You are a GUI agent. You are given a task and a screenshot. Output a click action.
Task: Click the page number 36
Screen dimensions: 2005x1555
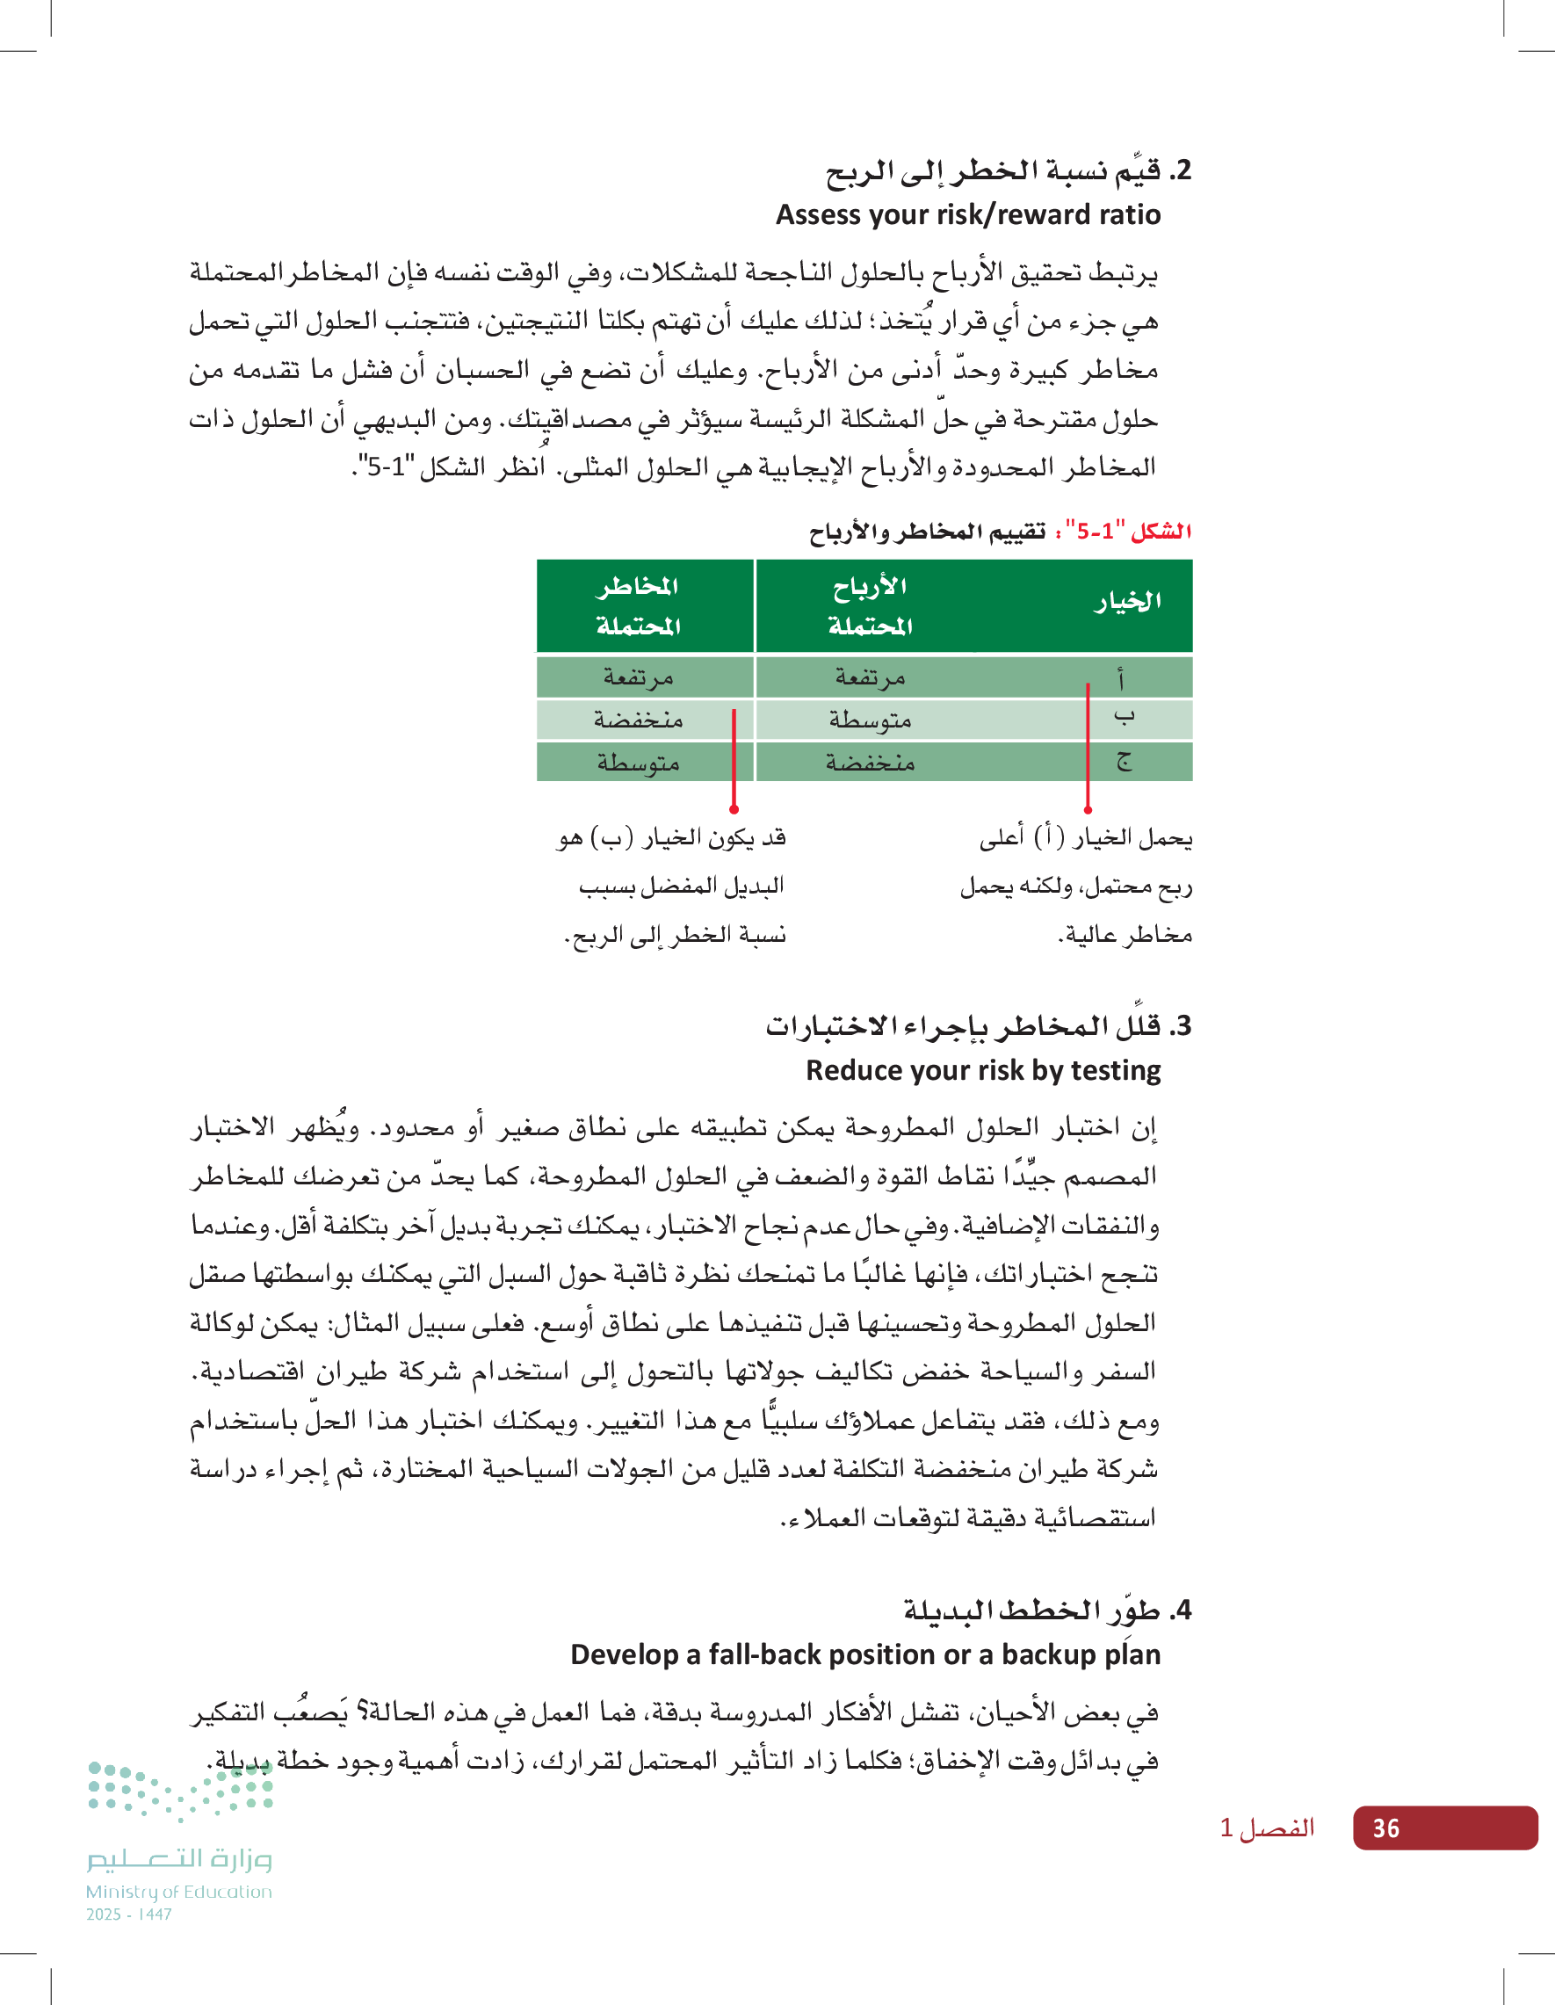(x=1385, y=1828)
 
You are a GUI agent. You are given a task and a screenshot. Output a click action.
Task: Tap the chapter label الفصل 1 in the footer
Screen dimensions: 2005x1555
(x=1267, y=1828)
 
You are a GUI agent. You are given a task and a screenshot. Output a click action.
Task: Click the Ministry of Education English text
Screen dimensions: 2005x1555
(x=179, y=1891)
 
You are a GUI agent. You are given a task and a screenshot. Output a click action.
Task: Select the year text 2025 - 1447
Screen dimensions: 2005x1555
(x=128, y=1915)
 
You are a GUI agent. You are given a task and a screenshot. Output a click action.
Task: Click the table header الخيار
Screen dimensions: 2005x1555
(x=1127, y=603)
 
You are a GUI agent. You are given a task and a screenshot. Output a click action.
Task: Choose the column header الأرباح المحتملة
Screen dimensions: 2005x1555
(x=869, y=606)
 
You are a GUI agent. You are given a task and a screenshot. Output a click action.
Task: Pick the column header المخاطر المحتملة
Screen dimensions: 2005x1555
(x=638, y=606)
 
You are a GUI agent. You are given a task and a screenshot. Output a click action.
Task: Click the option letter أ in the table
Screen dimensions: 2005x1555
(x=1121, y=678)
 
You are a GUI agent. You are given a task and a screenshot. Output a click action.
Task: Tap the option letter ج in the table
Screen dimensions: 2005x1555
(x=1124, y=761)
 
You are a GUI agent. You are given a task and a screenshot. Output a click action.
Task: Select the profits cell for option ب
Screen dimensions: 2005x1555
(x=869, y=720)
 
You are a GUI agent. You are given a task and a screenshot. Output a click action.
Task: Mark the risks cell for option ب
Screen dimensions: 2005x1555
(x=638, y=720)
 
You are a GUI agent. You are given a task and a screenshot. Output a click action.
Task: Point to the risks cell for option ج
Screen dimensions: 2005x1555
(x=638, y=762)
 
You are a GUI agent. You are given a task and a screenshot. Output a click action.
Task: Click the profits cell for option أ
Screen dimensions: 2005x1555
(x=869, y=677)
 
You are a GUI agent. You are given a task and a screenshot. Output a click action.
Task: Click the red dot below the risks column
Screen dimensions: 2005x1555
(x=734, y=809)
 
